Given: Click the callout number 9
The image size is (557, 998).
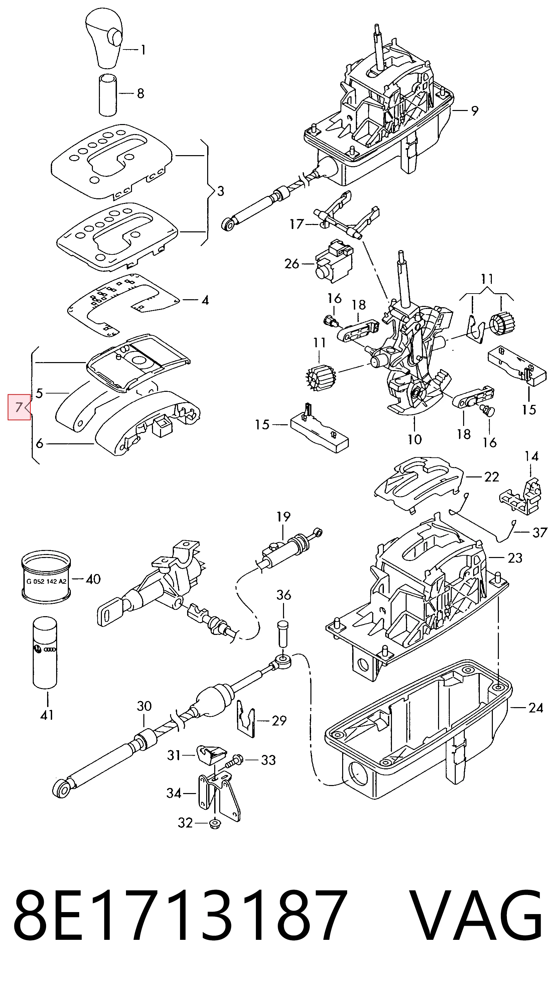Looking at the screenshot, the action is click(475, 111).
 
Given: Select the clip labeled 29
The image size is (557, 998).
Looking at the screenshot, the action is click(246, 719).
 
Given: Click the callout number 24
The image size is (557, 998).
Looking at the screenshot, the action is click(536, 708).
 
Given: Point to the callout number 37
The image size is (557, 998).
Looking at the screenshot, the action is click(540, 533).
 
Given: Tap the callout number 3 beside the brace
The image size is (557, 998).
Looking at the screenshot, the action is click(221, 191).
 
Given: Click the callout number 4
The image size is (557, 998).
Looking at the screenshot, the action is click(205, 300).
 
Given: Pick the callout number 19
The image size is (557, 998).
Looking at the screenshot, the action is click(283, 517).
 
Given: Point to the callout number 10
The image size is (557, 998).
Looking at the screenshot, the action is click(414, 439).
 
